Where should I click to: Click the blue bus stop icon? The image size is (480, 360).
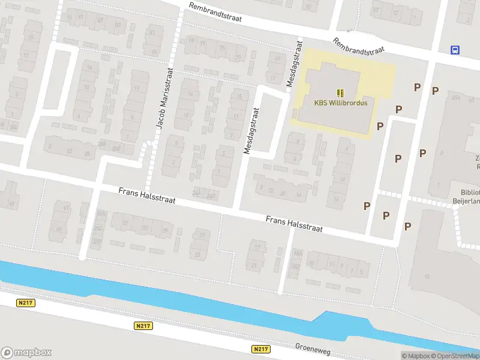point(455,50)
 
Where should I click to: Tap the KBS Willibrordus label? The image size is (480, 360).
point(340,103)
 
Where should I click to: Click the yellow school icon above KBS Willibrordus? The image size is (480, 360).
point(340,92)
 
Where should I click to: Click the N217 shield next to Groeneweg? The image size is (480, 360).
point(260,349)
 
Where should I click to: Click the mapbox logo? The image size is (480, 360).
point(26,353)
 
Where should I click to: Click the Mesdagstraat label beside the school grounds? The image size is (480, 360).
point(293,64)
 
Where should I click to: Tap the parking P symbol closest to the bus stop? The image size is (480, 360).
point(435,91)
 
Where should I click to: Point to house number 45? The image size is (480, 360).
point(59,229)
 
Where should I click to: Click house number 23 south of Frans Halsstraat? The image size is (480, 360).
point(197,254)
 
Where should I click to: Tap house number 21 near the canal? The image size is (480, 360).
point(254,265)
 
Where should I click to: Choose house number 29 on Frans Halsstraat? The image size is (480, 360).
point(164,230)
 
